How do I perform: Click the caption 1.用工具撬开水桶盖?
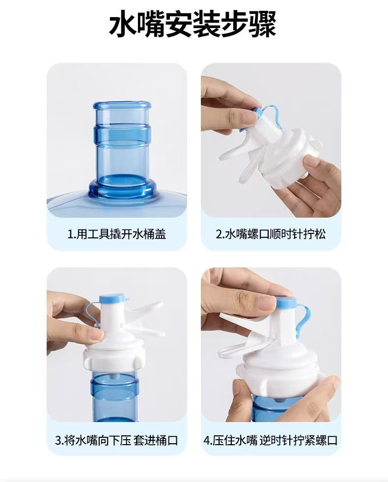pos(116,233)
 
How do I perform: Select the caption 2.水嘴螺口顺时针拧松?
pos(271,233)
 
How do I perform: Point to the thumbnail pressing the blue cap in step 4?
pos(268,302)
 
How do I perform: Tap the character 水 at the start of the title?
pos(122,25)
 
